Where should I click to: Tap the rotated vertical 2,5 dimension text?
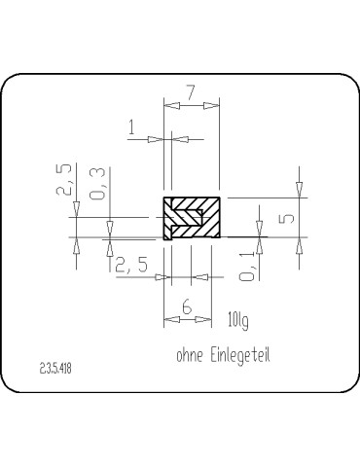click(64, 182)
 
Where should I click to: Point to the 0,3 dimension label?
click(96, 182)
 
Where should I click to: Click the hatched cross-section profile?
click(192, 218)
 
